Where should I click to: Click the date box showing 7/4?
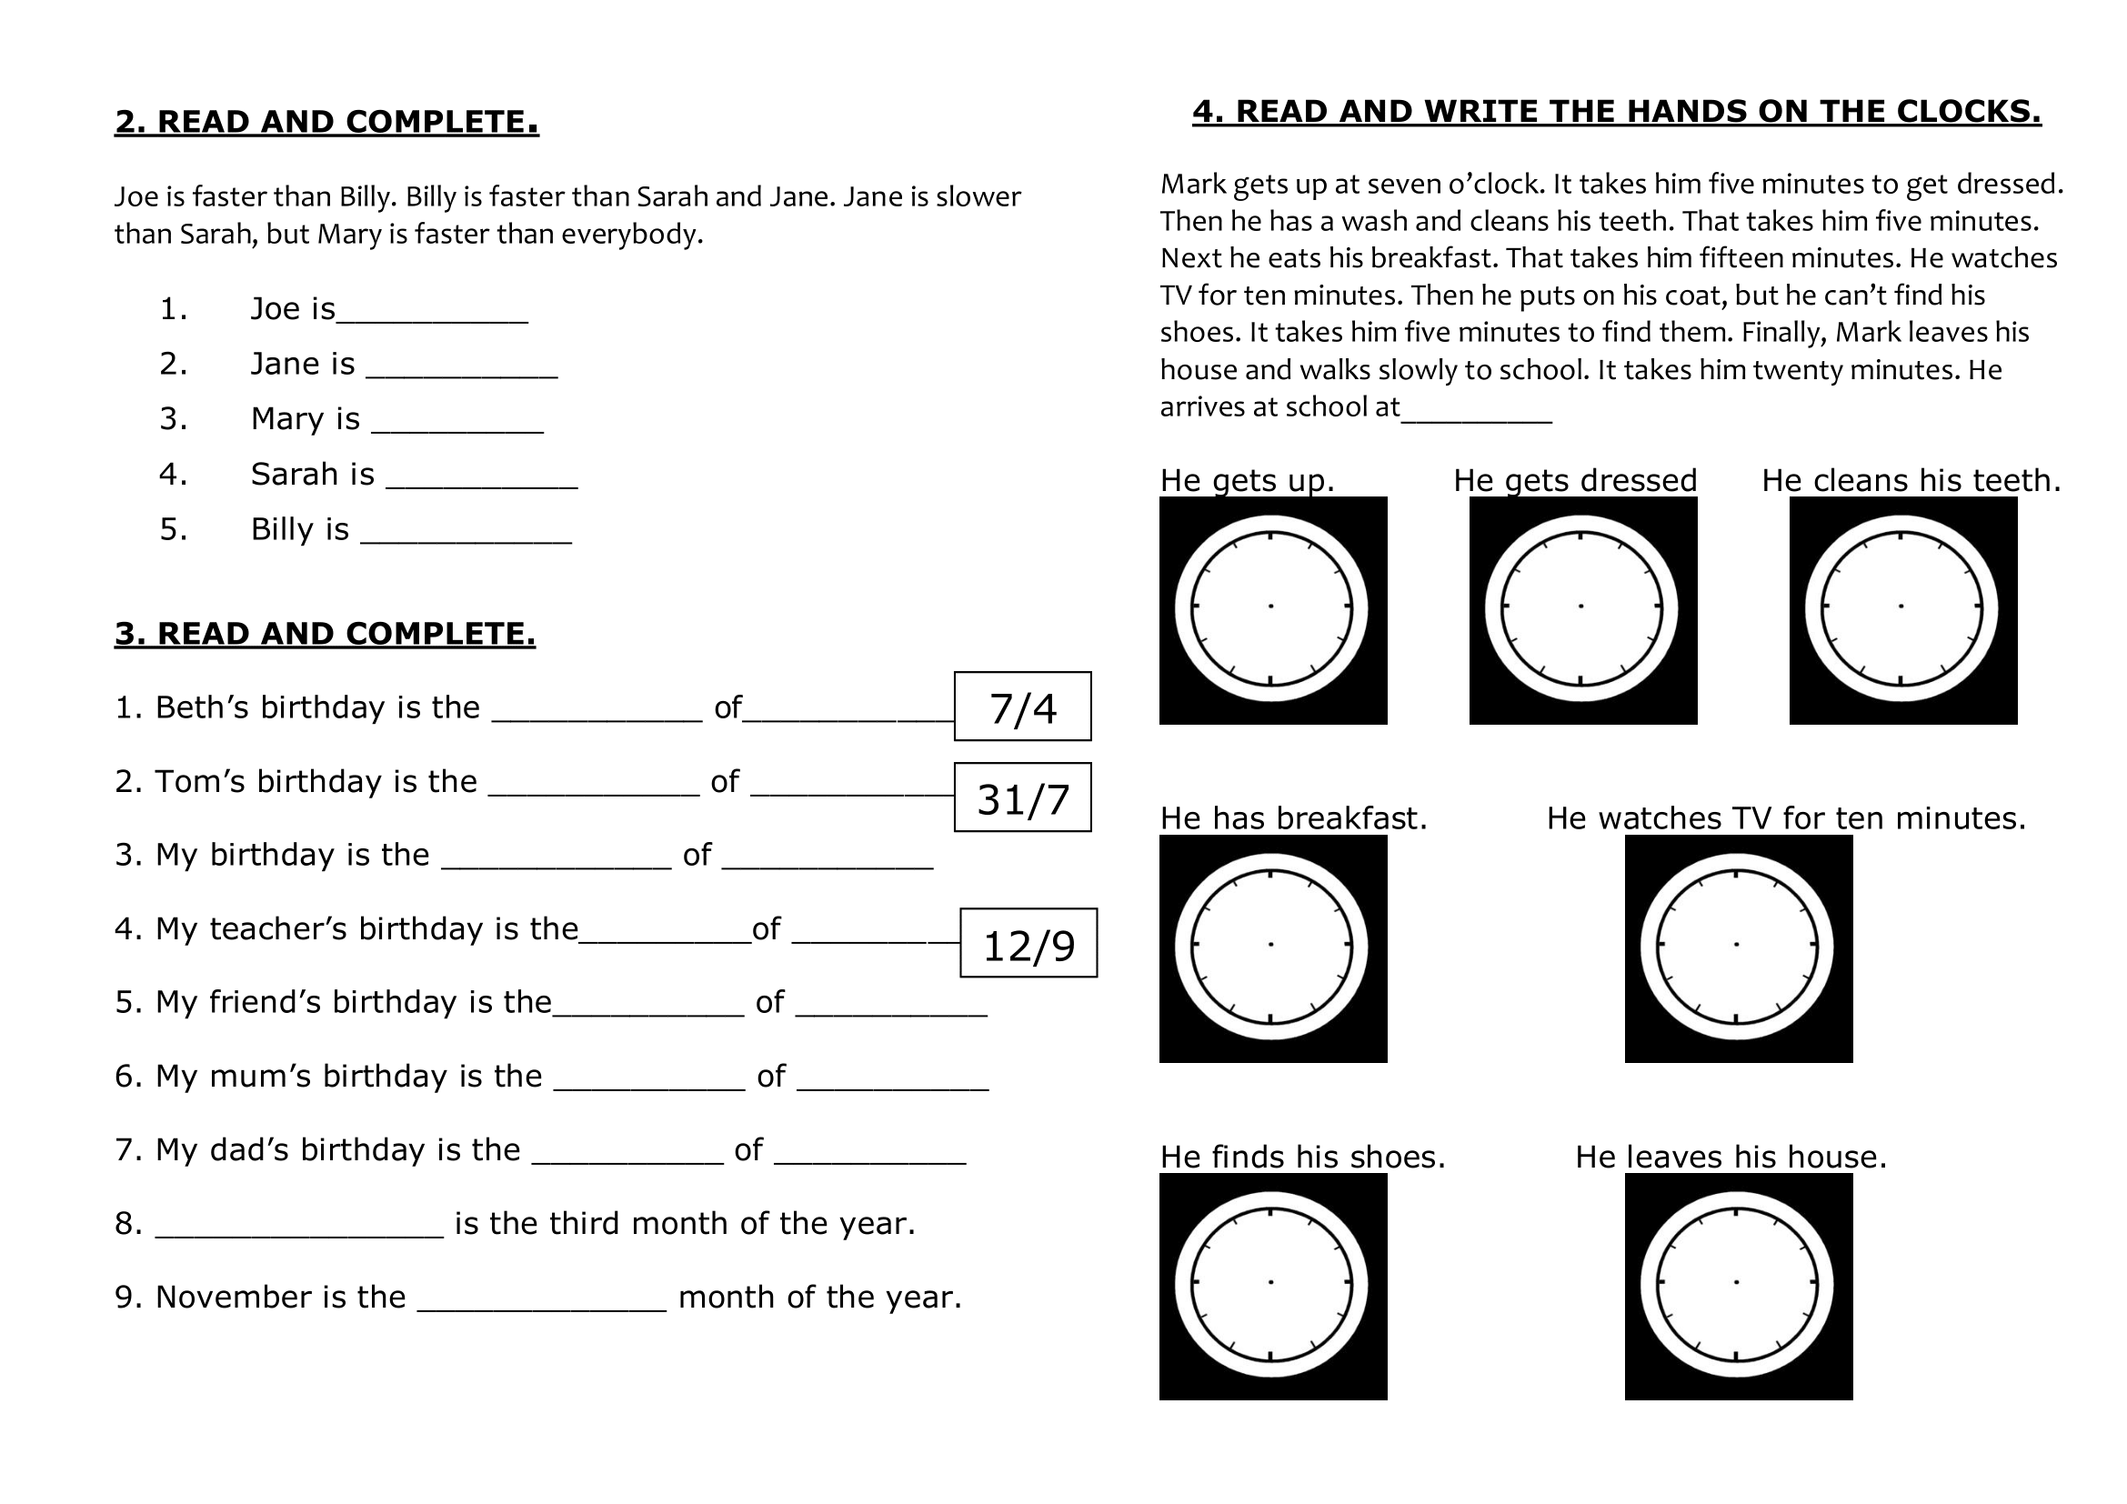1023,707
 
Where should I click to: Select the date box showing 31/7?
1023,797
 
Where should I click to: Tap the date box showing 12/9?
1028,944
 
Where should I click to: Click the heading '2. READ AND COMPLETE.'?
326,121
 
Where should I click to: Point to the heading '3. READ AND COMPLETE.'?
325,634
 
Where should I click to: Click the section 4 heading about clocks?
1617,111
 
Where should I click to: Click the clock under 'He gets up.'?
1273,609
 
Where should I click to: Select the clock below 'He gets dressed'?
1582,609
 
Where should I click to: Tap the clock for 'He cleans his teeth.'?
1902,609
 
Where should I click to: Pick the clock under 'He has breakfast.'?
1273,948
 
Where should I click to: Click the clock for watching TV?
1738,948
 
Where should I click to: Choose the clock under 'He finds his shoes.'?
1273,1287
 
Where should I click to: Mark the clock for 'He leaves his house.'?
1738,1287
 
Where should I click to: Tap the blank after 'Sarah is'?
482,479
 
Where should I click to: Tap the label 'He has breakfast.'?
1293,817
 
